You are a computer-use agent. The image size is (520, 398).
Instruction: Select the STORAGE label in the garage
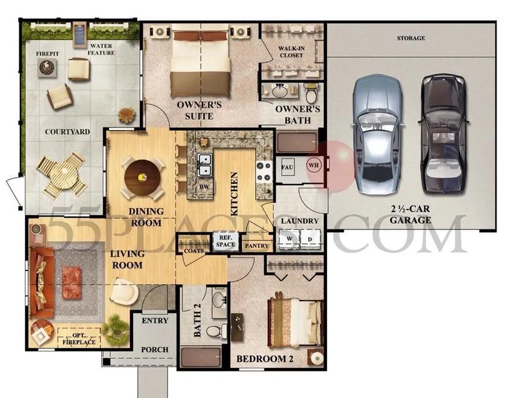pos(411,38)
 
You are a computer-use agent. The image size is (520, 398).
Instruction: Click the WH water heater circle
pos(314,164)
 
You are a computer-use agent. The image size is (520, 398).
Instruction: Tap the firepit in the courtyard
pos(47,69)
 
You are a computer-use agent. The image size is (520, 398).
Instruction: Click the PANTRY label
pos(257,246)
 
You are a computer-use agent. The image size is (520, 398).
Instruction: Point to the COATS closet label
pos(193,250)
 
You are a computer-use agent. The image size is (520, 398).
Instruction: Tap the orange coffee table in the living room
pos(72,281)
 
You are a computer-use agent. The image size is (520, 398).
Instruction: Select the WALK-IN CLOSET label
pos(291,52)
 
